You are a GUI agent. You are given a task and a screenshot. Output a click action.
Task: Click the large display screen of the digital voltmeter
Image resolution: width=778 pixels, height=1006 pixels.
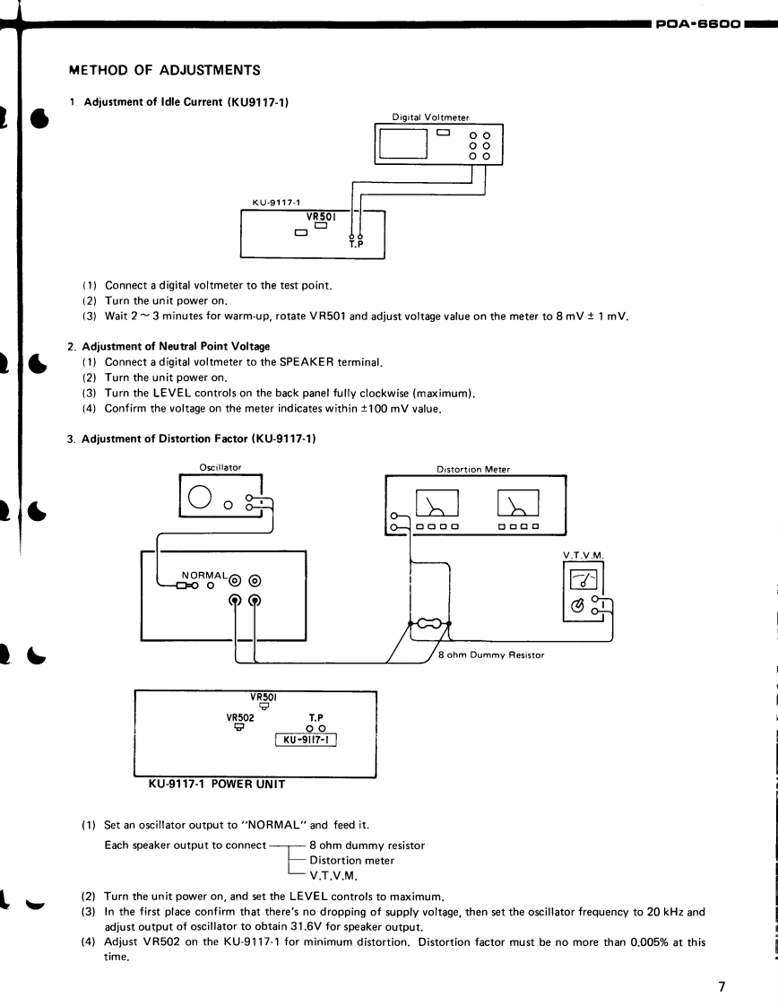pos(402,143)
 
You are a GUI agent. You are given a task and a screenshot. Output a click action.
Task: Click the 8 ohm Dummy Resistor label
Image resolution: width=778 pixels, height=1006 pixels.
pos(491,655)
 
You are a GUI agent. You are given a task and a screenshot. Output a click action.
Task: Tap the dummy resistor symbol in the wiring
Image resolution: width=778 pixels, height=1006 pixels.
pos(428,624)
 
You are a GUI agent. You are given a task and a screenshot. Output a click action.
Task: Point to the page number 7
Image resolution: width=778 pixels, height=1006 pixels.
pos(721,962)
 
